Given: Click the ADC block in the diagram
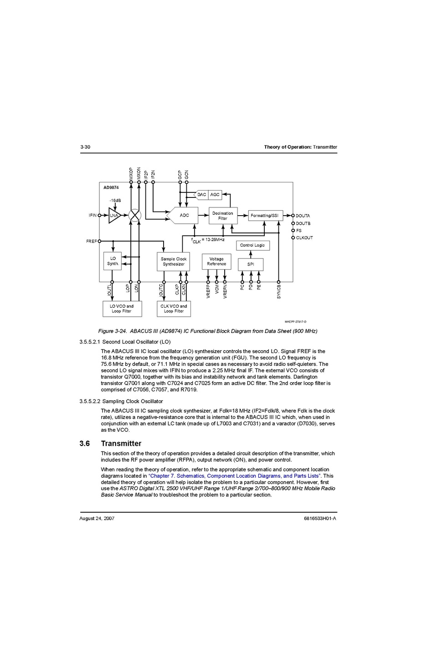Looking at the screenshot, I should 184,216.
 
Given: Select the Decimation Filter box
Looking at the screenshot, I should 223,216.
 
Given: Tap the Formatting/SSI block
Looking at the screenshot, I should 265,216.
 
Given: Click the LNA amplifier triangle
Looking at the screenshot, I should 113,216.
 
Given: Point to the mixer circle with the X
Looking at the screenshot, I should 134,216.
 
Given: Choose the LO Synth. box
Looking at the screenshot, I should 113,261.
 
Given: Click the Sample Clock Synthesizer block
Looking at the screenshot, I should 174,262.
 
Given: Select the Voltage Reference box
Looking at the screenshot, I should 216,262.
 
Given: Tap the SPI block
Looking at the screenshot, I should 251,264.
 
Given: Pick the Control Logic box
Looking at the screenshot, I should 252,245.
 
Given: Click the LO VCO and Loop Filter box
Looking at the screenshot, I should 122,309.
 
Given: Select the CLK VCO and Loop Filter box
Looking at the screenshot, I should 174,309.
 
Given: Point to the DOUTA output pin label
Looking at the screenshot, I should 303,216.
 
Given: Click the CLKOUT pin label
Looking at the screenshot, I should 304,238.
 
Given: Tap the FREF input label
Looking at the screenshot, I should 91,242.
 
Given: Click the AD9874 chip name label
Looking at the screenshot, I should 111,187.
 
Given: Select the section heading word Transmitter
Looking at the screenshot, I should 121,444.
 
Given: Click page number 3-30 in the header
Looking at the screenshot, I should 85,147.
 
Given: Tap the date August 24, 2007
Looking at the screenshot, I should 97,518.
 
